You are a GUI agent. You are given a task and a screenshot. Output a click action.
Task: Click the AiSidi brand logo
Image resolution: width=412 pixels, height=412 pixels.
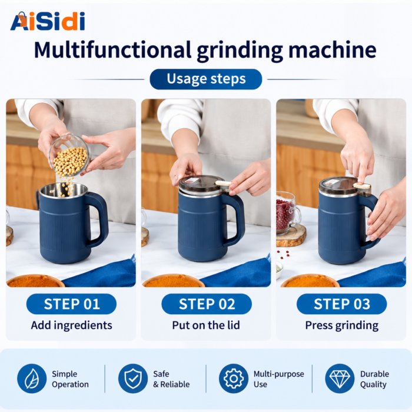tap(48, 21)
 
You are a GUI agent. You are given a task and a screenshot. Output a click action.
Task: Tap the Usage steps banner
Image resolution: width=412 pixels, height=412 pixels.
tap(206, 79)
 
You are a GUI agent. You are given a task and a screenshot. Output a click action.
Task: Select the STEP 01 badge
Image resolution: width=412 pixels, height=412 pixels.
tap(71, 304)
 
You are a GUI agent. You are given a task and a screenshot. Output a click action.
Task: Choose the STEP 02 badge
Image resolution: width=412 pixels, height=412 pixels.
tap(207, 304)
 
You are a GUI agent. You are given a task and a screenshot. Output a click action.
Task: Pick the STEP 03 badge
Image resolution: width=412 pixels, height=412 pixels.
tap(341, 304)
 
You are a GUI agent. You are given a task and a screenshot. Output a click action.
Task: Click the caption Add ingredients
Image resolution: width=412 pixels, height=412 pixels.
tap(71, 325)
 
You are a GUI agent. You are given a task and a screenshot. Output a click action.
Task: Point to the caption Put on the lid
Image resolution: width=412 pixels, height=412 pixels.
tap(206, 325)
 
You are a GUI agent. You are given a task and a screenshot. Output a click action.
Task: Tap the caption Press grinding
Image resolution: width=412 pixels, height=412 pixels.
tap(342, 325)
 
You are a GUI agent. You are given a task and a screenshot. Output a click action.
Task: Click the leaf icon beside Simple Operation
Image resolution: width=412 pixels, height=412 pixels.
tap(32, 378)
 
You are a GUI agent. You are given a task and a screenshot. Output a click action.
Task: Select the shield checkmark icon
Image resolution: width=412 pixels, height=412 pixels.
tap(133, 378)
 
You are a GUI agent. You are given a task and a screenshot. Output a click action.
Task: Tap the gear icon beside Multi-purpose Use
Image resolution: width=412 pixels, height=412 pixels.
tap(234, 378)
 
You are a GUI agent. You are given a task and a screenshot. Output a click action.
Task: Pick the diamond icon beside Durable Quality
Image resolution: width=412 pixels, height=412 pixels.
tap(340, 378)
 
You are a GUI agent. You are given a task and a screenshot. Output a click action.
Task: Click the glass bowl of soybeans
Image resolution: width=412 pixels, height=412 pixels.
tap(69, 156)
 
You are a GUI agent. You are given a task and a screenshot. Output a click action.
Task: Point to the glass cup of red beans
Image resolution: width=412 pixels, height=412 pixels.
tap(287, 213)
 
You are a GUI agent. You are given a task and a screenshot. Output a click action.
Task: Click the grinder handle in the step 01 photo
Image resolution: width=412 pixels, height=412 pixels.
tap(98, 220)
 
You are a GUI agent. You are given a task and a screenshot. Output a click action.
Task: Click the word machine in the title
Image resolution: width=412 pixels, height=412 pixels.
tap(333, 49)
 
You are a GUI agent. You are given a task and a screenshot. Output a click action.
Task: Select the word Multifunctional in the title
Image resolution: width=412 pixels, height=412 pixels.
tap(112, 49)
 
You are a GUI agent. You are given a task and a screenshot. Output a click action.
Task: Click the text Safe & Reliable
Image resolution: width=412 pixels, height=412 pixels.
tap(171, 379)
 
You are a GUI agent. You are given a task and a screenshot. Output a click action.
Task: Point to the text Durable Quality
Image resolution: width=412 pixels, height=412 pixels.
tap(374, 379)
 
